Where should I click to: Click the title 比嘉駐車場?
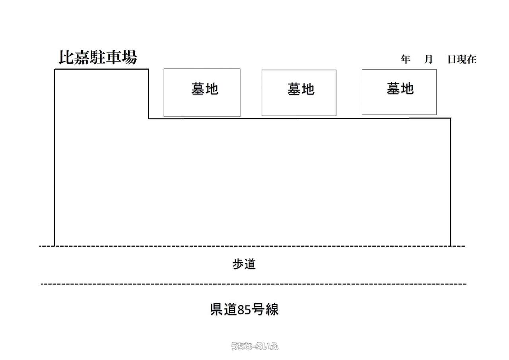98,57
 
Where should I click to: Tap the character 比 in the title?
66,57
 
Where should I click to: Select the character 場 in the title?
130,57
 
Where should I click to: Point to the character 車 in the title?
114,57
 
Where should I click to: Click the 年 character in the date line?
405,59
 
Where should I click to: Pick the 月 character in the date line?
428,59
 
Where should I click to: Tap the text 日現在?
462,59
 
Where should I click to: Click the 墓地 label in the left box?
205,89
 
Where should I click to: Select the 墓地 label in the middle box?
301,89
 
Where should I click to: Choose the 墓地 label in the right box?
400,88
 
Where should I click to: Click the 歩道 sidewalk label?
244,264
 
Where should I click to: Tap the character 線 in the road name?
272,309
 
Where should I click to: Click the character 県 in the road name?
217,309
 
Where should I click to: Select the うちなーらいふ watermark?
255,346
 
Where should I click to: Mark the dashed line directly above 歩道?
252,246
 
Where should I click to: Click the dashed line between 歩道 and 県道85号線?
254,284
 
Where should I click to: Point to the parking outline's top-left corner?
55,69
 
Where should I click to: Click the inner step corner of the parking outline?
149,119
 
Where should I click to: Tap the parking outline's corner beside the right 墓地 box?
451,118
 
